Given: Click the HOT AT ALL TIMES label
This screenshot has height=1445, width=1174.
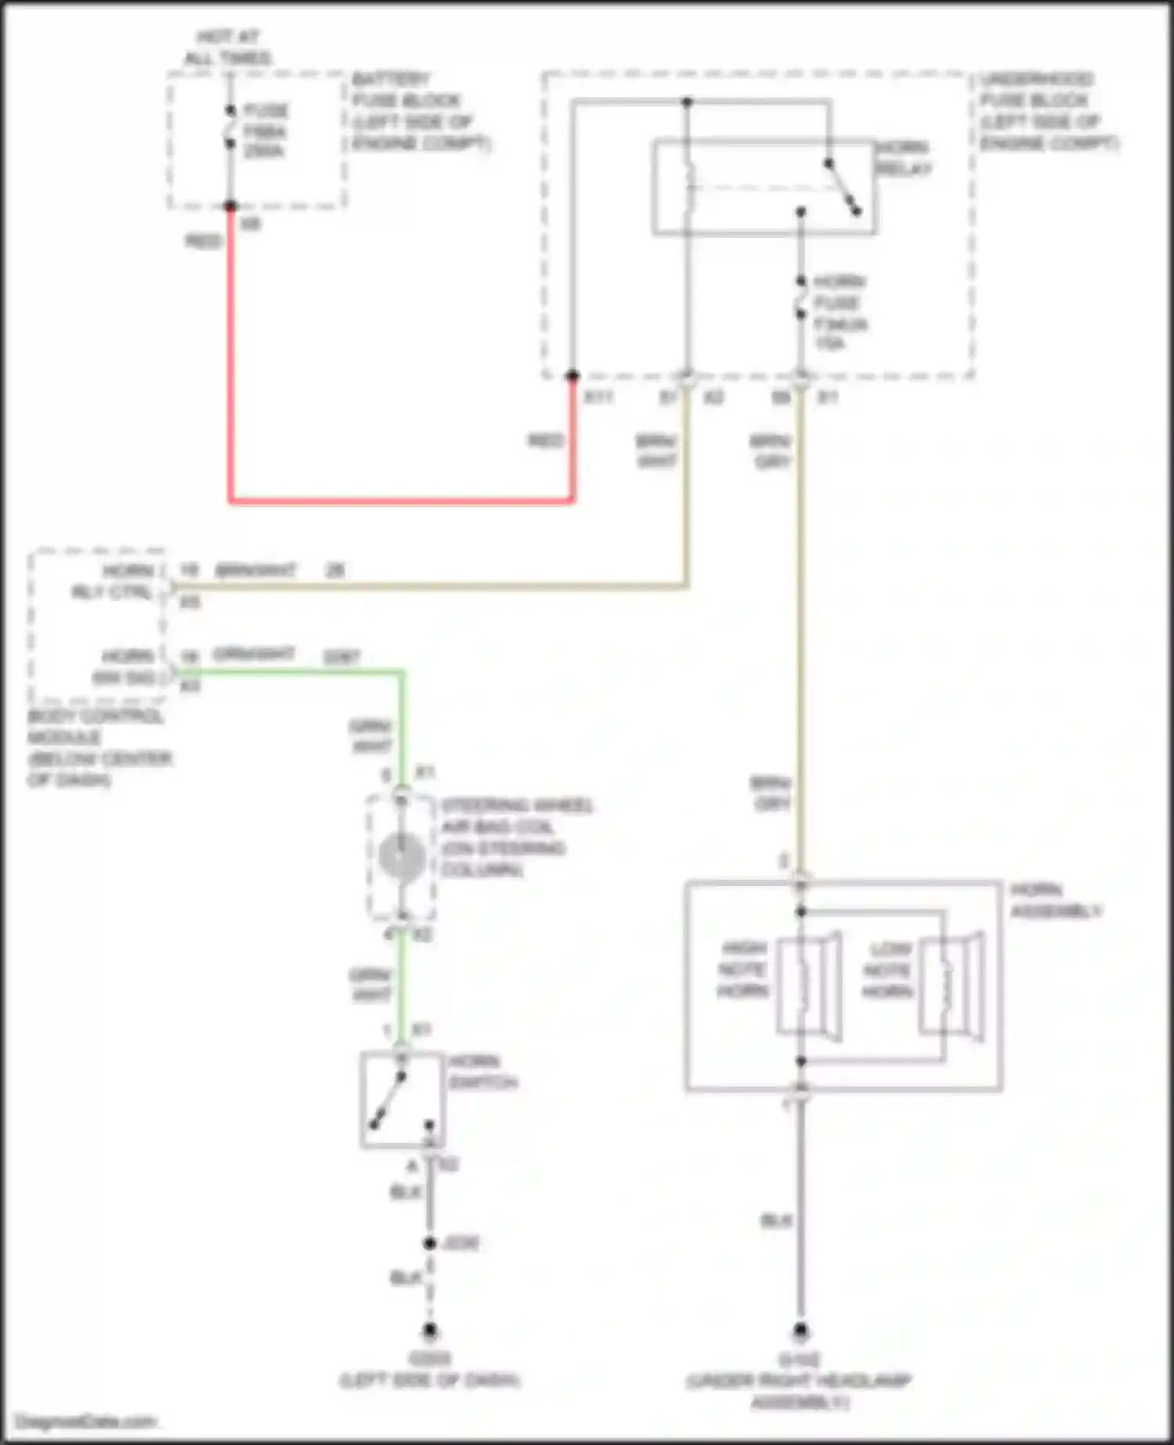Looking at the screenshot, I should tap(228, 48).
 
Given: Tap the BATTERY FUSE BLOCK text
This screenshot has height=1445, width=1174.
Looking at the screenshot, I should tap(420, 111).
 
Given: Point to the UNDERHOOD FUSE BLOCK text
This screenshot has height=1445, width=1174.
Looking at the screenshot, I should tap(1048, 111).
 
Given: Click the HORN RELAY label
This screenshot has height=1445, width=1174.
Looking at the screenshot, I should tap(902, 157).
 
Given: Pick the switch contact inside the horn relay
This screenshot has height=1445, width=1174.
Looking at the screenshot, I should tap(843, 187).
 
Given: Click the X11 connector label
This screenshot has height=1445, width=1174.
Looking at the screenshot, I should tap(599, 397).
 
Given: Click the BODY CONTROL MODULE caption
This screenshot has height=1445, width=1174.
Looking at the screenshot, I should tap(99, 748).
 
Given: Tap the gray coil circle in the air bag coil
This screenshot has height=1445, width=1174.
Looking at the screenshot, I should tap(402, 856).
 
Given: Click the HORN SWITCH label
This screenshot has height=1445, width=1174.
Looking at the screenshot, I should tap(481, 1072).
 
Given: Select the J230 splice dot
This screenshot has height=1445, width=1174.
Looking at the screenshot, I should tap(429, 1243).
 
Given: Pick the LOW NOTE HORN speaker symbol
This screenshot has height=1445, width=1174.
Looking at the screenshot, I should tap(951, 986).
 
